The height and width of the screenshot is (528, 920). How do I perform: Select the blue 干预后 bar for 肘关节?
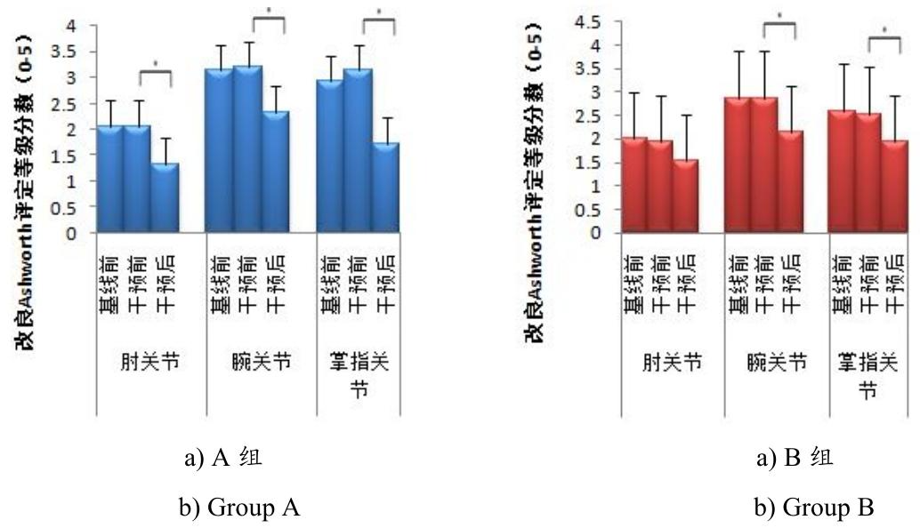165,197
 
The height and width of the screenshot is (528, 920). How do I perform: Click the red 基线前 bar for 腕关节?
738,164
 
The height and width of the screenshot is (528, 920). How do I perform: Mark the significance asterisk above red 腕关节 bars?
779,16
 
